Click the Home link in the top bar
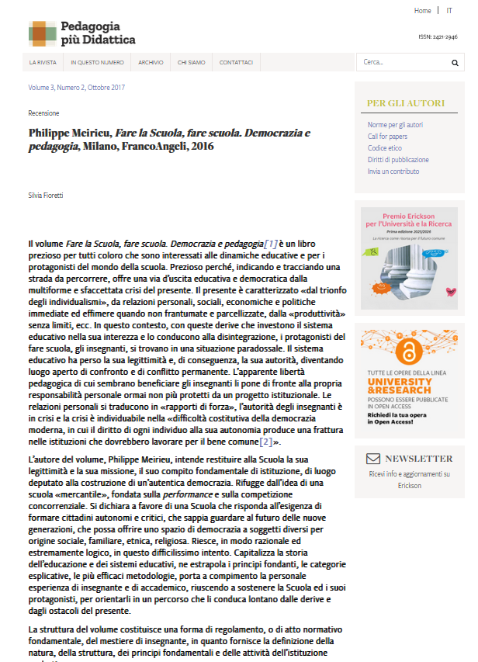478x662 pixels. (x=422, y=11)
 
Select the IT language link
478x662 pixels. (x=449, y=11)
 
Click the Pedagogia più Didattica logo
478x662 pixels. (x=81, y=33)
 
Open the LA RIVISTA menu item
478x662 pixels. (x=43, y=62)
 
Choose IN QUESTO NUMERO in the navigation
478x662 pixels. (x=97, y=62)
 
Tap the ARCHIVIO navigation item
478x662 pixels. (x=151, y=62)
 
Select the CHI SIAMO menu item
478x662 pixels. (x=191, y=62)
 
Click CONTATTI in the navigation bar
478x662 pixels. (x=236, y=62)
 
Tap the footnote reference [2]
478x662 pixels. (x=266, y=442)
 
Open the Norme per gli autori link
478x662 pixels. (x=395, y=125)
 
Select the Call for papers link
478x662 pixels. (x=388, y=137)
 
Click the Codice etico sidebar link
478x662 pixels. (x=385, y=148)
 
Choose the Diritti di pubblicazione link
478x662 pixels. (x=398, y=160)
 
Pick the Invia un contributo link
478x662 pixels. (x=393, y=172)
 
